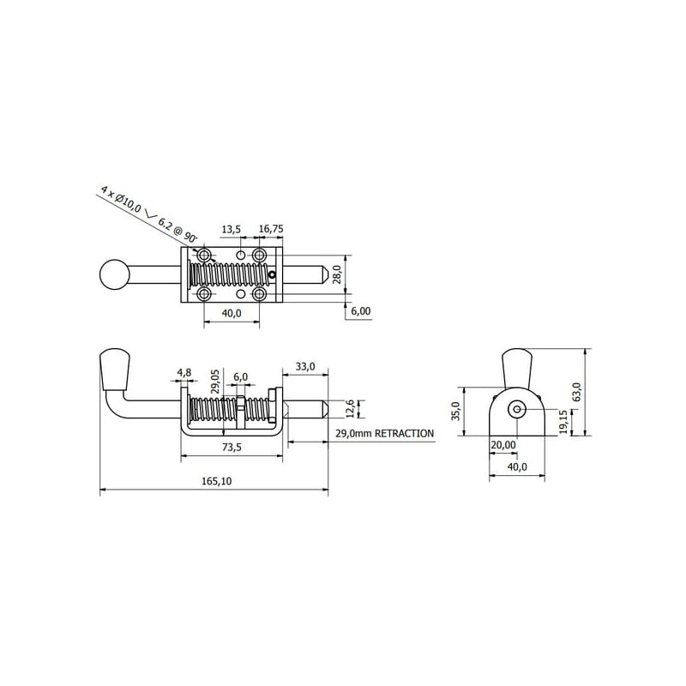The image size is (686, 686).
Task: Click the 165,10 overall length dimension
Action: (x=216, y=481)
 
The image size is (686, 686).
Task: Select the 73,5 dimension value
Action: (x=232, y=447)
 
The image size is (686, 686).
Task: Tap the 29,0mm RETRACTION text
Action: (x=384, y=433)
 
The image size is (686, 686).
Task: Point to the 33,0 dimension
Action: (x=305, y=366)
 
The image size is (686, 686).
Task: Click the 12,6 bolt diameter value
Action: (x=350, y=408)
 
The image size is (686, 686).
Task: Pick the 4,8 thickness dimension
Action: (x=184, y=373)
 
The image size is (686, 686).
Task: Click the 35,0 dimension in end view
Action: (x=456, y=412)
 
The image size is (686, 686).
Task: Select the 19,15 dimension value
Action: (x=563, y=422)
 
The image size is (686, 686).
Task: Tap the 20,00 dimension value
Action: (x=503, y=445)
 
